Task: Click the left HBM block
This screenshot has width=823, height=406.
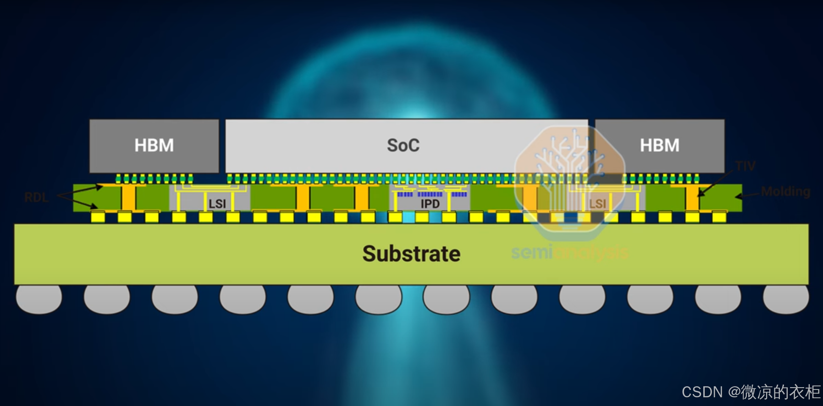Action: pos(154,146)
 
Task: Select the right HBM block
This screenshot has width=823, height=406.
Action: pos(659,146)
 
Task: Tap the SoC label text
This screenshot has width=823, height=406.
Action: pos(403,146)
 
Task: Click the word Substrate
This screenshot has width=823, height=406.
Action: pos(411,254)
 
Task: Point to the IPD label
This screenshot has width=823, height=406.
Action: pos(430,204)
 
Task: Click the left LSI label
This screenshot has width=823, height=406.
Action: pos(217,204)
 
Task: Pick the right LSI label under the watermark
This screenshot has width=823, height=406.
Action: pos(597,204)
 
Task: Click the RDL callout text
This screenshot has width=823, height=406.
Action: pos(36,198)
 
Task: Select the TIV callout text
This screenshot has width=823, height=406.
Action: pos(745,166)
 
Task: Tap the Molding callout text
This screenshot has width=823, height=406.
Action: pos(785,192)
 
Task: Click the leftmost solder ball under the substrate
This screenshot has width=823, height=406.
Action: pos(39,299)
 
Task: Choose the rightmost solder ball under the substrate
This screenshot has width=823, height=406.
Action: pos(785,299)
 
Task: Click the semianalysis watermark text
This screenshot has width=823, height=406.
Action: pos(569,252)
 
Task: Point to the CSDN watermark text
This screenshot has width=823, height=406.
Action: pos(751,392)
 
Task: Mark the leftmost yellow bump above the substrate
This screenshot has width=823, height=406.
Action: pos(98,217)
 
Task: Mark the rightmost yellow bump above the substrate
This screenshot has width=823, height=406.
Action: pos(719,217)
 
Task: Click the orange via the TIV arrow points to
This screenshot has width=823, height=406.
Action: pos(692,198)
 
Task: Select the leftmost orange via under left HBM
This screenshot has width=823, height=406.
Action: pos(128,198)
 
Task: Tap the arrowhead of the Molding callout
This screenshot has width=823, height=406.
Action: pos(738,197)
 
